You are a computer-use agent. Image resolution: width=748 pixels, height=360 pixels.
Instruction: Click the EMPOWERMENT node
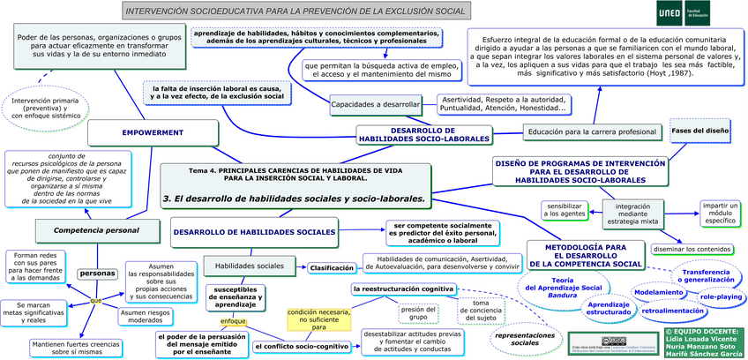[x=153, y=132]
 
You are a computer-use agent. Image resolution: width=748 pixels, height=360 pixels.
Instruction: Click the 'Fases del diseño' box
[x=699, y=131]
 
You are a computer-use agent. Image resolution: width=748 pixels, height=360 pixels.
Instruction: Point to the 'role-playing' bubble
[x=721, y=297]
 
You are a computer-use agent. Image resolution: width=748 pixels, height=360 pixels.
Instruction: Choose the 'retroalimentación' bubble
[x=677, y=311]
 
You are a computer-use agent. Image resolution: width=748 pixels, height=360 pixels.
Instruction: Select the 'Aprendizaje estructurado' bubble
[x=608, y=308]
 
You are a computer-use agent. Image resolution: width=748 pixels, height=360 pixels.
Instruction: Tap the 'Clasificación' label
[x=331, y=267]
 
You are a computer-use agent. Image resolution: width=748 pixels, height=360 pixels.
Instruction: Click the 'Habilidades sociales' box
[x=250, y=266]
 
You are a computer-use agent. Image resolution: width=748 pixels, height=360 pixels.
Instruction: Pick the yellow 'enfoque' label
[x=233, y=321]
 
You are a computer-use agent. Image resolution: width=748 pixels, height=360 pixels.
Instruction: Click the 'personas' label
[x=97, y=274]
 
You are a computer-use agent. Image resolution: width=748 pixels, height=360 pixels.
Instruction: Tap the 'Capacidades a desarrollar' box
[x=375, y=105]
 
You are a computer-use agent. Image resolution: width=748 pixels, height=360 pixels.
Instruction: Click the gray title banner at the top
[x=295, y=11]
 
